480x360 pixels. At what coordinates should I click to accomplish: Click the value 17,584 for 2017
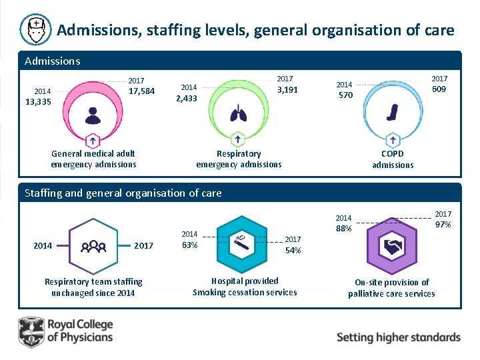point(141,91)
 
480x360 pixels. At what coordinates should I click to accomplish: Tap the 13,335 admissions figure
point(38,101)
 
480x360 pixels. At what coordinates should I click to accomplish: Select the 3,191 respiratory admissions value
point(287,90)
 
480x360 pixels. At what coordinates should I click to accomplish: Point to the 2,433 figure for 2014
point(186,99)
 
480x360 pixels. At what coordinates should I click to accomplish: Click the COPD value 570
point(345,95)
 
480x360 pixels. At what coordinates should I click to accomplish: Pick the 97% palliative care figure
point(442,225)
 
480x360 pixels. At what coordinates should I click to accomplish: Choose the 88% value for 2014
point(344,229)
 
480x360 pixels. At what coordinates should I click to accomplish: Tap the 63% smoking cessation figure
point(189,245)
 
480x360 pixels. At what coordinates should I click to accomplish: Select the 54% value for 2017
point(293,250)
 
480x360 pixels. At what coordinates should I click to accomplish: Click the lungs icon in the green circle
point(238,115)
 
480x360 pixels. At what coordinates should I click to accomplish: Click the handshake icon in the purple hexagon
point(391,247)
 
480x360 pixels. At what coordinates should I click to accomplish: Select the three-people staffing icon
point(93,246)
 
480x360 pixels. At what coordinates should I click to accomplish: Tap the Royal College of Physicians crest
point(31,331)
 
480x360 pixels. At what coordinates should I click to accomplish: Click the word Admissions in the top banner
point(52,61)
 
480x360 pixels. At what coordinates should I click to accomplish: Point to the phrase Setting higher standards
point(398,337)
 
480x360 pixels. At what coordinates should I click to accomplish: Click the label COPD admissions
point(393,159)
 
